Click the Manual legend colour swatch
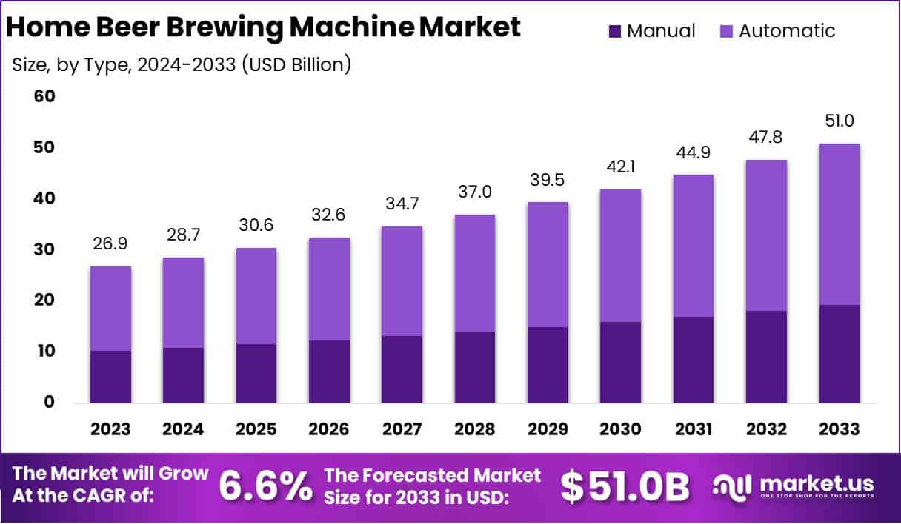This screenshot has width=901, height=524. (615, 31)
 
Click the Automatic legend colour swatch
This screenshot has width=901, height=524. (726, 31)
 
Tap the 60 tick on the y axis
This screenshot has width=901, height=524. (45, 97)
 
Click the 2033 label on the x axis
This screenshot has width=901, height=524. (839, 429)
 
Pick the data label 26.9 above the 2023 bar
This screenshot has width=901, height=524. (110, 243)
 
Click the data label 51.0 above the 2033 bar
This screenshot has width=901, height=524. (839, 121)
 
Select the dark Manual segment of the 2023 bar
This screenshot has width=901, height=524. (110, 376)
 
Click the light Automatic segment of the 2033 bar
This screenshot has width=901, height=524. (839, 224)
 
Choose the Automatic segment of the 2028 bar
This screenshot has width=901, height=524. (474, 272)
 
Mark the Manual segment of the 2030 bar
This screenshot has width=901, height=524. (620, 362)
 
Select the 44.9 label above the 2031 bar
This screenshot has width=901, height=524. (693, 152)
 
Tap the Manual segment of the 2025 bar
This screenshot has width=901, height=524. (256, 373)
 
